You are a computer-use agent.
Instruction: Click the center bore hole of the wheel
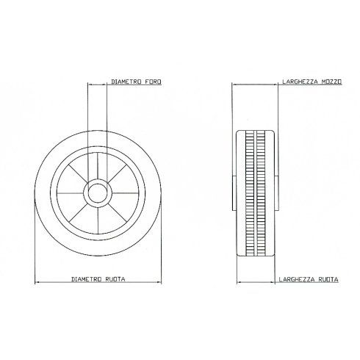97,194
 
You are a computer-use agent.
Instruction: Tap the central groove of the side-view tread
255,194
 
